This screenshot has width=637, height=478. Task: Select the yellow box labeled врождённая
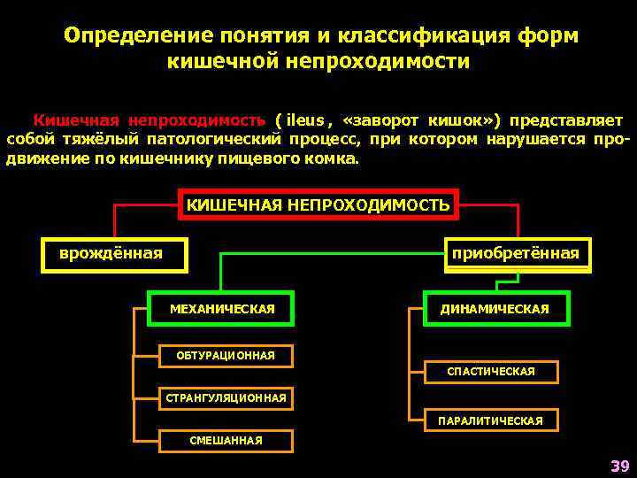click(x=114, y=255)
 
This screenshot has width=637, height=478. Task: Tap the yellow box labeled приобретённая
click(x=516, y=255)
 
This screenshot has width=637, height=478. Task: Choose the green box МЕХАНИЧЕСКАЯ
click(x=221, y=308)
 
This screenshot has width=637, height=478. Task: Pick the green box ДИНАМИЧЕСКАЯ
click(x=495, y=308)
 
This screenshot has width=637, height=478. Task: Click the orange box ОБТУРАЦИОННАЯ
click(x=226, y=356)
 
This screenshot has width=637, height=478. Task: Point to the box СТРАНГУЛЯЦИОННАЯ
click(x=226, y=398)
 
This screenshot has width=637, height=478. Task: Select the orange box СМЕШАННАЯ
click(x=226, y=440)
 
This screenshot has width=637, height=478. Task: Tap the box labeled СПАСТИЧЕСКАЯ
click(x=491, y=372)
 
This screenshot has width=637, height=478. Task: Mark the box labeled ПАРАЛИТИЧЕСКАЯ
click(x=491, y=420)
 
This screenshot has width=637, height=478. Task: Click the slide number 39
click(x=618, y=466)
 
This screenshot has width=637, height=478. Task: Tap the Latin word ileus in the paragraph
click(x=306, y=120)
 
